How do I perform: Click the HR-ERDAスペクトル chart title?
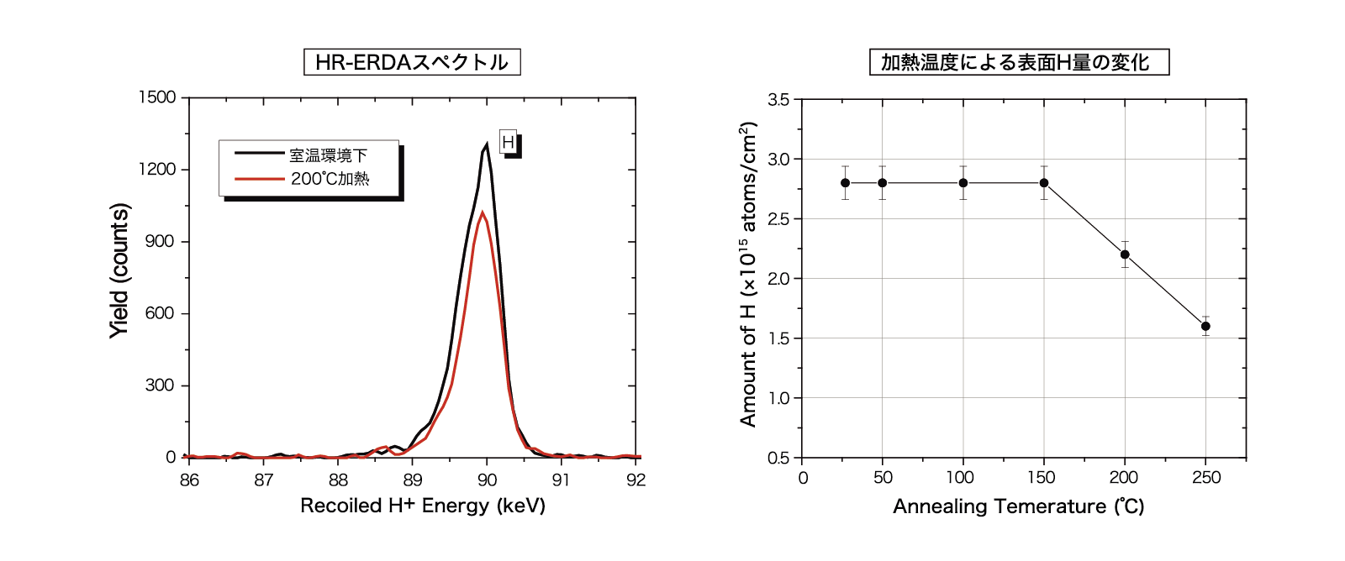412,62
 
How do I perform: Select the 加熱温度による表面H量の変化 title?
1019,62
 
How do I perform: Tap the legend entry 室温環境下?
328,155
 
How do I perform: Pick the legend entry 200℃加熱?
330,179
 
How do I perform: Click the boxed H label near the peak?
508,143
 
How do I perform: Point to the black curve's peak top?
487,144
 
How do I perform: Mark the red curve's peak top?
483,212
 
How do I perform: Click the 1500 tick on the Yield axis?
157,97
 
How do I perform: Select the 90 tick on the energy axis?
487,480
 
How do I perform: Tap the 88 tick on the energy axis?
338,480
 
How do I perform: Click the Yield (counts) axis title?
119,270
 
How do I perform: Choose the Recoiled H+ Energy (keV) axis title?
423,506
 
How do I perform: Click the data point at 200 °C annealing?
1125,254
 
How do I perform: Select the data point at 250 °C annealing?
1205,326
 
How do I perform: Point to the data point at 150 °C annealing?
1044,183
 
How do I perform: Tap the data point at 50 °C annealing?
882,183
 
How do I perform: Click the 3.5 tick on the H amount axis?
778,100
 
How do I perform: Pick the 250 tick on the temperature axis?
1205,478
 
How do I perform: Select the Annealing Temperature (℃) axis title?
1018,506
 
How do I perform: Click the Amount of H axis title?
748,274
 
